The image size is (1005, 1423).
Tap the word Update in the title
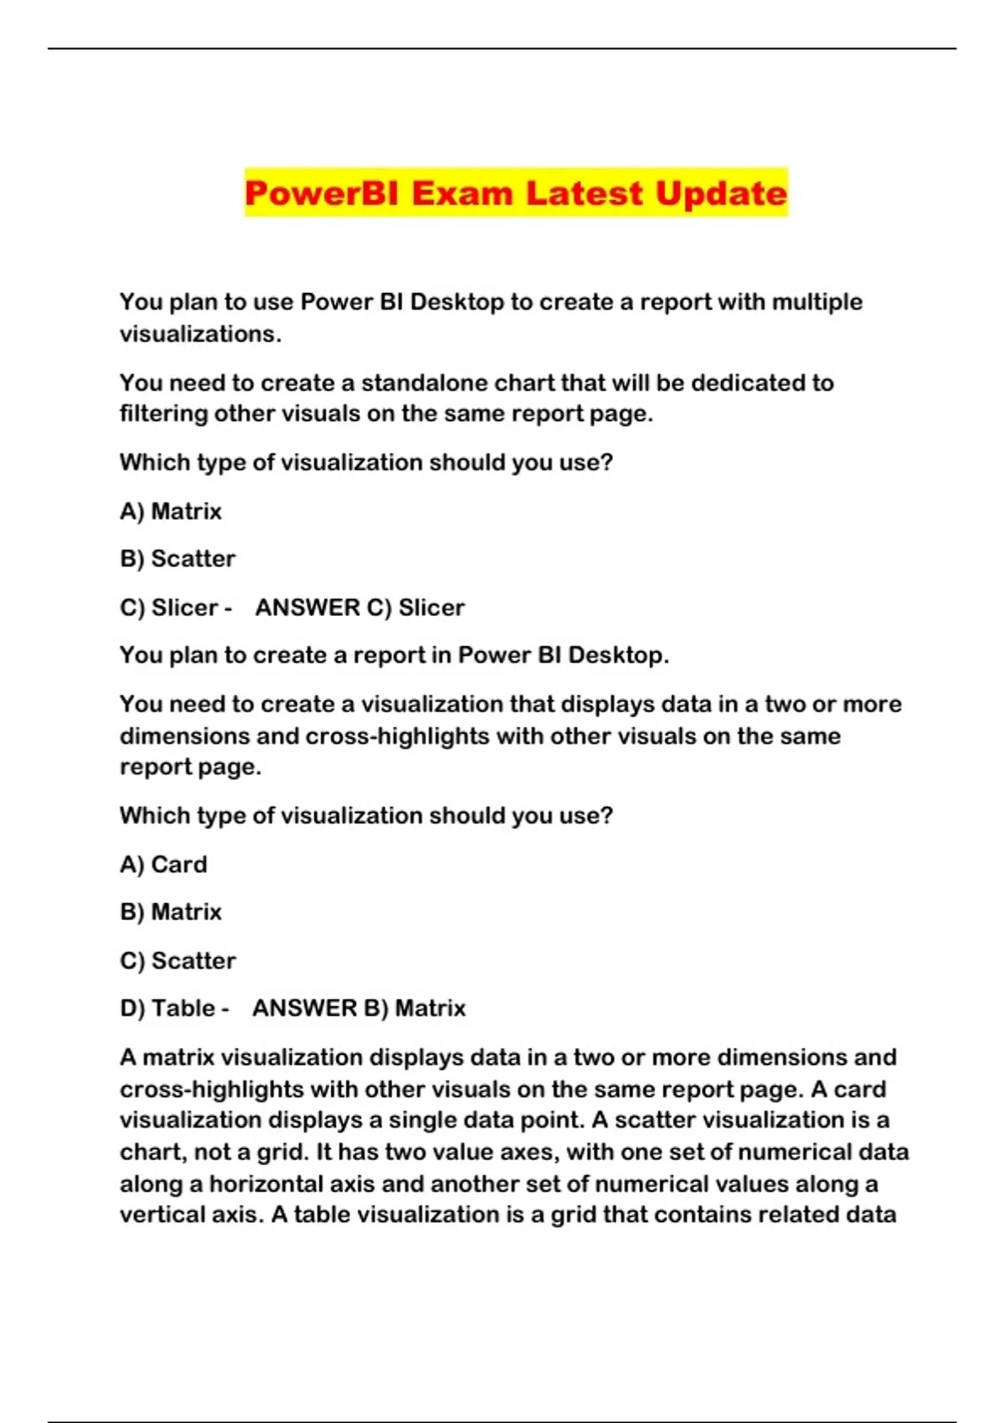(x=721, y=193)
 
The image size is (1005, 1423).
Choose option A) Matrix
(x=171, y=511)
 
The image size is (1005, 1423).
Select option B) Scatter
(x=178, y=558)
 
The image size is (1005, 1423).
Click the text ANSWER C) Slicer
(x=360, y=607)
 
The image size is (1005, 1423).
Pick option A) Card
(x=163, y=864)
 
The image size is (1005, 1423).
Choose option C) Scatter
(x=178, y=960)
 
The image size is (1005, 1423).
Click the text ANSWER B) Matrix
(x=358, y=1008)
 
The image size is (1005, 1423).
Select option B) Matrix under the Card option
(x=171, y=912)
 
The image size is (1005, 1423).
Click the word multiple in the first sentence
(x=817, y=301)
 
